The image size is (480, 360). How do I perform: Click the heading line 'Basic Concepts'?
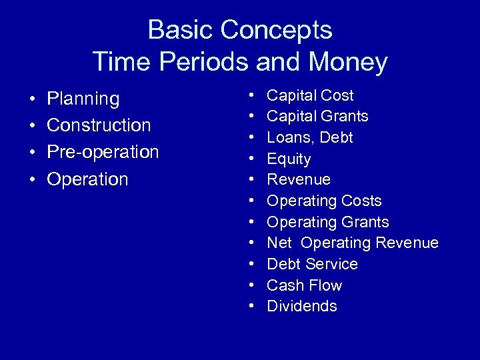click(240, 30)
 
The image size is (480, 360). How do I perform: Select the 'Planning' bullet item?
click(83, 99)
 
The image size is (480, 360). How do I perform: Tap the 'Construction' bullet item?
click(99, 125)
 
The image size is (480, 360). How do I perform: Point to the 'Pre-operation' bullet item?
click(103, 152)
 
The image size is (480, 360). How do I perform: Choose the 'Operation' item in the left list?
click(87, 179)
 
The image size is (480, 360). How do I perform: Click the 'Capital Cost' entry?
click(310, 95)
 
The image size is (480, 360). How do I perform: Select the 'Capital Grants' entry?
click(317, 117)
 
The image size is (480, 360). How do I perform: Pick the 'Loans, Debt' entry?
click(310, 137)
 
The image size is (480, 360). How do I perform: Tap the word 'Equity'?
click(289, 159)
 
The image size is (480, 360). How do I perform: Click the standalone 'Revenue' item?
click(299, 179)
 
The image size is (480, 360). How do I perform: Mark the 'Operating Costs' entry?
click(324, 201)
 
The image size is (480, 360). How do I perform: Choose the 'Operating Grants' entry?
click(327, 222)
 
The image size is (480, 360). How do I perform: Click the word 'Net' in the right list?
click(279, 243)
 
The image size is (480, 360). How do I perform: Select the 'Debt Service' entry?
click(312, 264)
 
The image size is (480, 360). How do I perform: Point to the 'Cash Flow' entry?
click(304, 285)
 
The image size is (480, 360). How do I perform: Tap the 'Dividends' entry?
click(302, 306)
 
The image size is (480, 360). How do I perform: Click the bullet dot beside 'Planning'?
click(32, 100)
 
